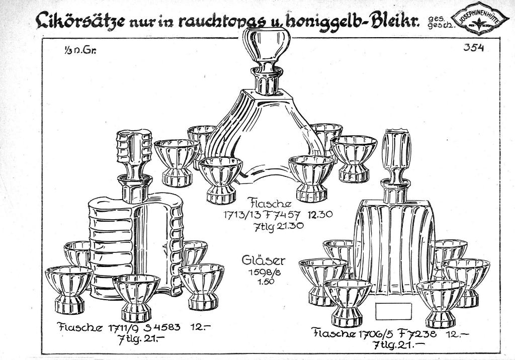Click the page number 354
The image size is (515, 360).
(473, 48)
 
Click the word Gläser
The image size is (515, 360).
(264, 260)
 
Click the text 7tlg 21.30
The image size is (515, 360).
(279, 226)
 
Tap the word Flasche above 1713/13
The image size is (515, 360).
(271, 204)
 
